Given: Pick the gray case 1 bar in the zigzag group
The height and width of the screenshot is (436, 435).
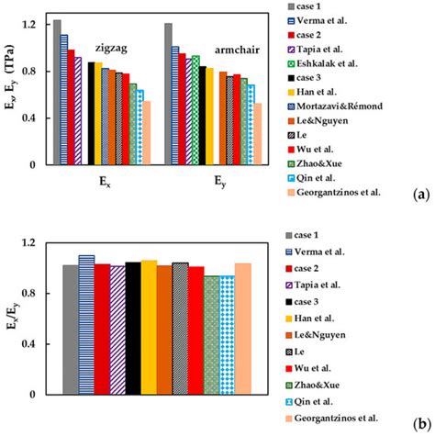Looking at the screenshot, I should (57, 92).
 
